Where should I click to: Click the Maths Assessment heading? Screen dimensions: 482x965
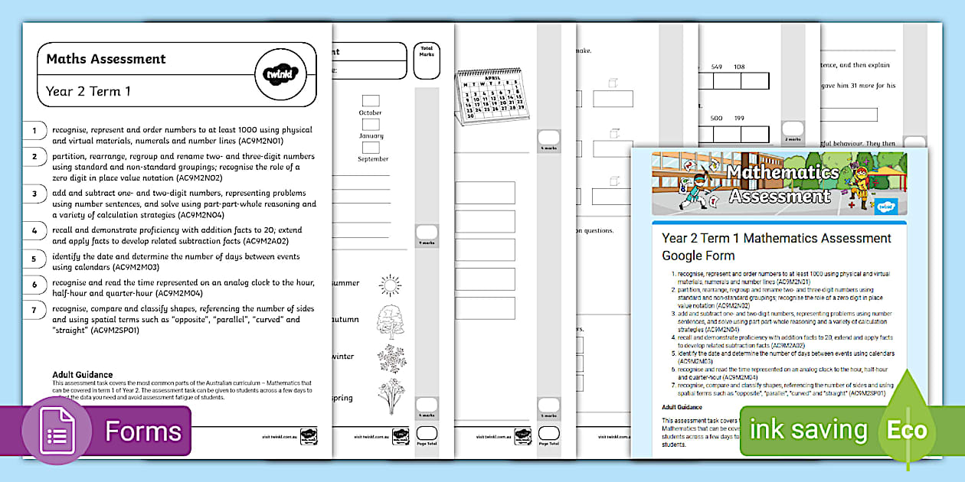pos(106,59)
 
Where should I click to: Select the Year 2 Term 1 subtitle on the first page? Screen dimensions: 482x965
pos(88,92)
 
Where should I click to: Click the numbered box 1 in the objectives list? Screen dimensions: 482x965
pos(34,131)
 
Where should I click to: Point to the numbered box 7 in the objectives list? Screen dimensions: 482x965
pos(34,310)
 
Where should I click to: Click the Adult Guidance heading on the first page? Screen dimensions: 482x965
pos(82,375)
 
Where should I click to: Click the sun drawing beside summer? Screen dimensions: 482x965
pos(390,285)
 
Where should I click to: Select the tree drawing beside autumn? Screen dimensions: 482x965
pos(390,321)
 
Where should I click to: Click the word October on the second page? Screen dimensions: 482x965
pos(371,113)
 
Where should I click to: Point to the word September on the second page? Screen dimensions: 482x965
pos(373,159)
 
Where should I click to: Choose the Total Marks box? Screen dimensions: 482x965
pos(427,60)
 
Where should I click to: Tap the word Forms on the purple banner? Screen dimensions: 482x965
pos(143,432)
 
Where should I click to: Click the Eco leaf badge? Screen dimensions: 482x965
pos(908,429)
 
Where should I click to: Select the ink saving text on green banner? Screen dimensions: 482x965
pos(808,430)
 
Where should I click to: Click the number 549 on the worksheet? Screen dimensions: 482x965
pos(717,67)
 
